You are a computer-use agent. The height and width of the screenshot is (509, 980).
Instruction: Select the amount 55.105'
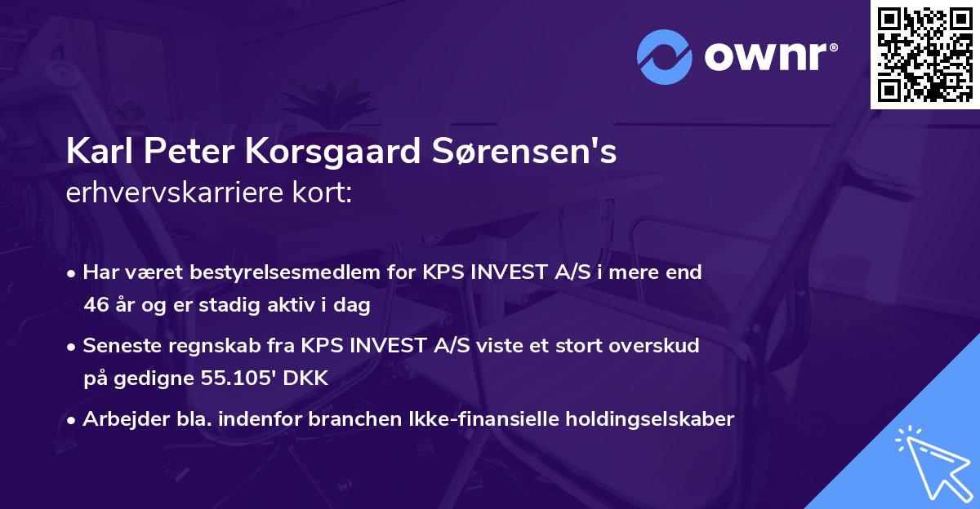tap(226, 378)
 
